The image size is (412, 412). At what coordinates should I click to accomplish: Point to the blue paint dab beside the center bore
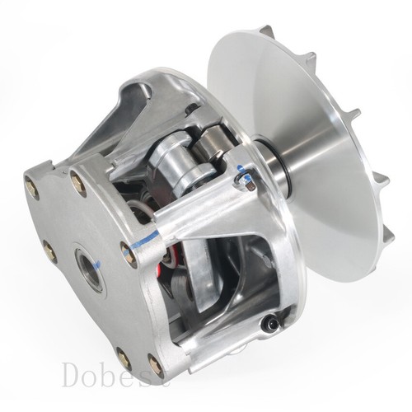click(97, 265)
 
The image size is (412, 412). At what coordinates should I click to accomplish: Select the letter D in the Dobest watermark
click(73, 375)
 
